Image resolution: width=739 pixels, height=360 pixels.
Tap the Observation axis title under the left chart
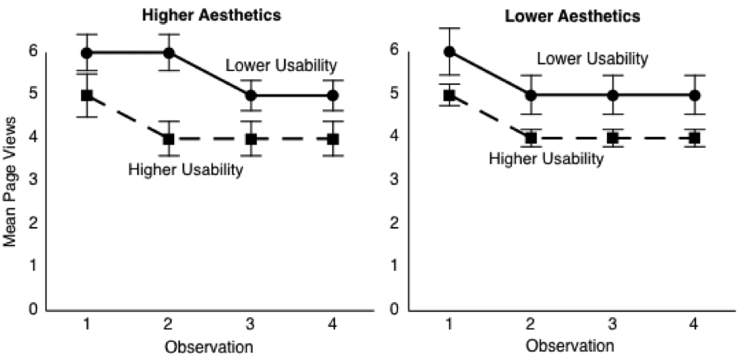pyautogui.click(x=208, y=344)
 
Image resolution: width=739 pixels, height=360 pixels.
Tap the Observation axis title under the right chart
pyautogui.click(x=570, y=344)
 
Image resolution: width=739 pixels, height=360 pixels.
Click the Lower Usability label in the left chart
pyautogui.click(x=282, y=66)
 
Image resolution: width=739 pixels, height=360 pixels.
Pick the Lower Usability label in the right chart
pyautogui.click(x=592, y=59)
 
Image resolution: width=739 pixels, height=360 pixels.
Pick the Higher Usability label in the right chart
pyautogui.click(x=547, y=159)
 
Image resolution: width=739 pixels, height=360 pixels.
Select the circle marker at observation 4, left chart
pyautogui.click(x=333, y=96)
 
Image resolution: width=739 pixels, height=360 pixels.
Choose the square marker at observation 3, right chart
pyautogui.click(x=613, y=138)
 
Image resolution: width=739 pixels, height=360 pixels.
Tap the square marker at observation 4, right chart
pyautogui.click(x=694, y=138)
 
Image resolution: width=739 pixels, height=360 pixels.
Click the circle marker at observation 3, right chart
pyautogui.click(x=613, y=95)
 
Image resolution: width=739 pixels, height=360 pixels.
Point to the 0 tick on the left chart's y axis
pyautogui.click(x=34, y=310)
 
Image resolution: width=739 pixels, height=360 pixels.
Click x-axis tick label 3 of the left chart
pyautogui.click(x=251, y=324)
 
